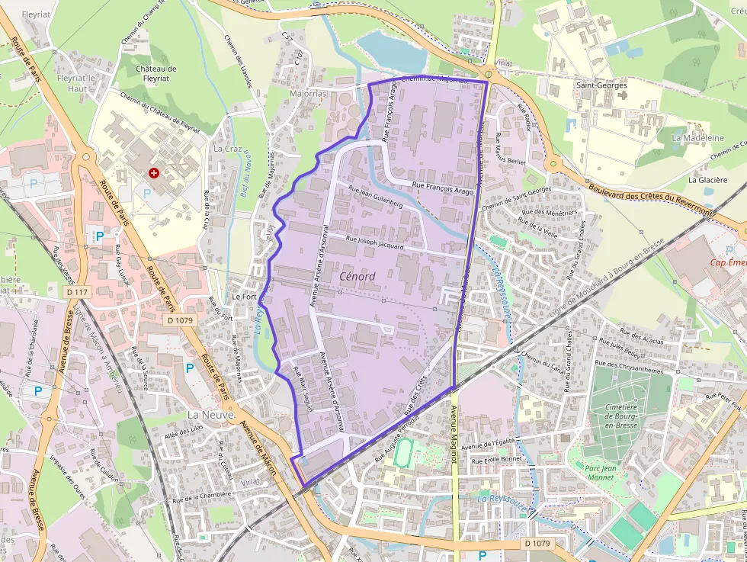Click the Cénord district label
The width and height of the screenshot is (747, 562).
(357, 276)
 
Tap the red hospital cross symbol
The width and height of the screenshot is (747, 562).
(155, 174)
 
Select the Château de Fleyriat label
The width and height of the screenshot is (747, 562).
(155, 73)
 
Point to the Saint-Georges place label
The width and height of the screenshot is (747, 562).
(601, 85)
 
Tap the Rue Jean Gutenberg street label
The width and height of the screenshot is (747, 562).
(374, 198)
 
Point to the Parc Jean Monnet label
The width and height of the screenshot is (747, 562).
(605, 473)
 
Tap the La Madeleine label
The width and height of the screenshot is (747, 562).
(697, 138)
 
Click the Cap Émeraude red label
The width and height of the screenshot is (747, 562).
(728, 262)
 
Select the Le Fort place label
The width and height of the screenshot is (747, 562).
(244, 296)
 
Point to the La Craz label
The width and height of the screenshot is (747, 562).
(227, 148)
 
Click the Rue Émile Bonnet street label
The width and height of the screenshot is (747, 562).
(496, 460)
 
